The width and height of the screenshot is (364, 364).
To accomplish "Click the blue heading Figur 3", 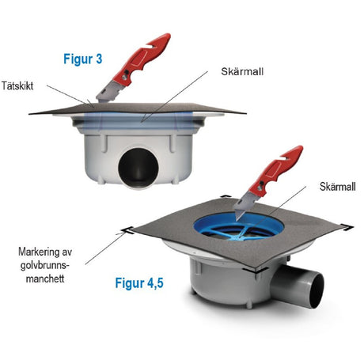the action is point(82,59).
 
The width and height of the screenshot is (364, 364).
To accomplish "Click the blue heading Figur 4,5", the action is point(139,283).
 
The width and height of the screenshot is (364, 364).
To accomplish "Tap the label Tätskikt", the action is point(17,86).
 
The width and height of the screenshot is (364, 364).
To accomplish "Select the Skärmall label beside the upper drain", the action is point(242,72).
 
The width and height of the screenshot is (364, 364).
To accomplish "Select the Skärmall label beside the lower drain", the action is point(338,187).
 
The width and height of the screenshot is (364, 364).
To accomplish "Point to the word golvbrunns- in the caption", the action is point(45,265).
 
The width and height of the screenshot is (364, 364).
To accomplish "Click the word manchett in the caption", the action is point(45,279).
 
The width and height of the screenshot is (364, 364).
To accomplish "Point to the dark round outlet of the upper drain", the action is point(138,169).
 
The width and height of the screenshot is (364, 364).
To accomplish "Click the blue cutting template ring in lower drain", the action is point(239,228).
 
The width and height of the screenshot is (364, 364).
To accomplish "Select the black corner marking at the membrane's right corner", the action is point(346,227).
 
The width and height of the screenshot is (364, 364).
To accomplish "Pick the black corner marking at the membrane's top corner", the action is point(226,196).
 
